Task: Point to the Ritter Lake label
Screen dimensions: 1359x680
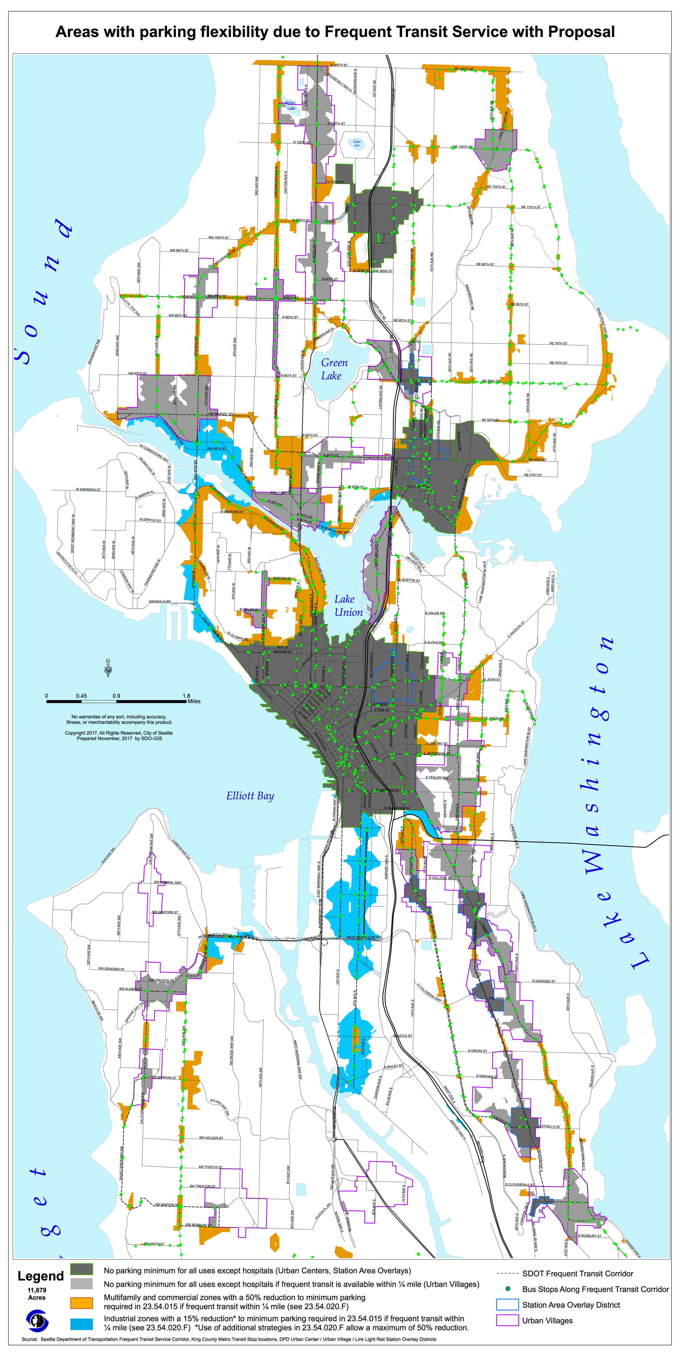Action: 290,106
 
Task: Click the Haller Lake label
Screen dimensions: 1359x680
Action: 357,143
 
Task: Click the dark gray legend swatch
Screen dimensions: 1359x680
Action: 82,1270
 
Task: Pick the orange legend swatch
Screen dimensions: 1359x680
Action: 82,1303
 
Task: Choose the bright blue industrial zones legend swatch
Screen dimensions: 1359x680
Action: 82,1324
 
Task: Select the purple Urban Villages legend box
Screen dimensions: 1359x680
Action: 507,1321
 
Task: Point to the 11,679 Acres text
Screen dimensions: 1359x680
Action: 37,1293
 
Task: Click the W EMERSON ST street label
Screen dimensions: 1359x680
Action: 88,490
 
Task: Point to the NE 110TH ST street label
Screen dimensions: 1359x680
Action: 531,207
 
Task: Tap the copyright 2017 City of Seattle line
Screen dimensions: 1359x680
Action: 119,733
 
